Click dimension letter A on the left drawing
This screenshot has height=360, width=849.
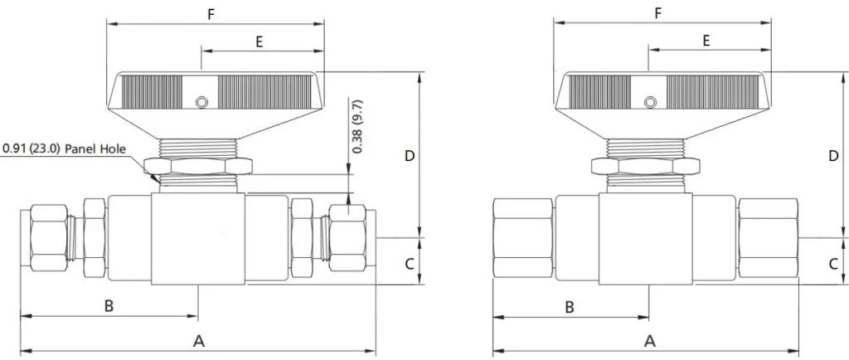tap(198, 341)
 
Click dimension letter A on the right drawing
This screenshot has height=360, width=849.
tap(649, 341)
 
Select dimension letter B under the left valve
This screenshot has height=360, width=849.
tap(109, 306)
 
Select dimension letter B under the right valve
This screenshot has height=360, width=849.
tap(570, 306)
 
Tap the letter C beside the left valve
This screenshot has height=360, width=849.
tap(409, 264)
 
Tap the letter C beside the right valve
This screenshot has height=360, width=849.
tap(833, 264)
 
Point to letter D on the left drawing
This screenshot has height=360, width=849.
tap(409, 155)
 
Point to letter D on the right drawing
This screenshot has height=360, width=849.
tap(833, 155)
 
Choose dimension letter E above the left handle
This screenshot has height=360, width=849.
tap(260, 41)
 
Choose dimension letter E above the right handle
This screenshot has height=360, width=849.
tap(706, 41)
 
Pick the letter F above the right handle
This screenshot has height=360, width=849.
tap(658, 13)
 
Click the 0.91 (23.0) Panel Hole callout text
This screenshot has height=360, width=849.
tap(64, 149)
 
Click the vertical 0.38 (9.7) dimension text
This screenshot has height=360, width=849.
tap(357, 126)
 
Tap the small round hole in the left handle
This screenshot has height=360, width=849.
tap(200, 102)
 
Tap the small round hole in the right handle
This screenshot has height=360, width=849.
tap(650, 102)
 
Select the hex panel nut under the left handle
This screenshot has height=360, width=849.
tap(198, 166)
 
